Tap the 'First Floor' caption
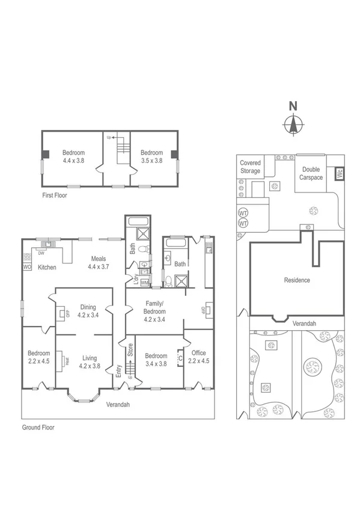pos(54,195)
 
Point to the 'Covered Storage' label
pos(250,167)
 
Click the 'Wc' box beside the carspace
pos(339,174)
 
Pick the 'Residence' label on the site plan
pos(296,280)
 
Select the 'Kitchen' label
pos(47,267)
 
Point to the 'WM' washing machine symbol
pos(144,282)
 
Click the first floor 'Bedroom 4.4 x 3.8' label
pos(73,156)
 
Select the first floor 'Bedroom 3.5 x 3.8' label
pos(151,156)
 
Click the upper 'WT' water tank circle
pos(243,214)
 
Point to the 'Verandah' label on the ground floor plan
pos(118,404)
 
